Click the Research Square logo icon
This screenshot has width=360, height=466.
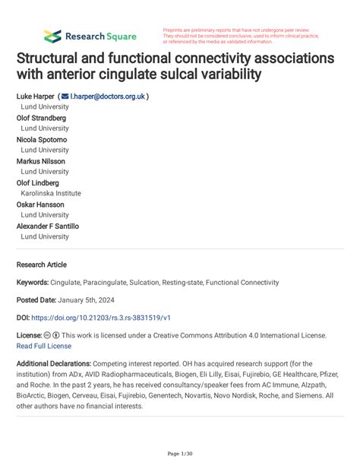(x=52, y=36)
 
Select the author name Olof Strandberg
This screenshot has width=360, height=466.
(x=41, y=118)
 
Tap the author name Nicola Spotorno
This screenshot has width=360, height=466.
(x=41, y=140)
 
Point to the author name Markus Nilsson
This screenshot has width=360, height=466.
(x=40, y=161)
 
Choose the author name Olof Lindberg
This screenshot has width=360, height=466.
(x=39, y=182)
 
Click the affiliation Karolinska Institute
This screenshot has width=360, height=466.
(x=50, y=193)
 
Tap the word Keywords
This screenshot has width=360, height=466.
(x=32, y=282)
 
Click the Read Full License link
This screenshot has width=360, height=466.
(x=44, y=345)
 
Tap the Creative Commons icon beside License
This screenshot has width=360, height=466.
(x=48, y=335)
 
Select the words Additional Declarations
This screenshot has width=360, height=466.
(x=54, y=364)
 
